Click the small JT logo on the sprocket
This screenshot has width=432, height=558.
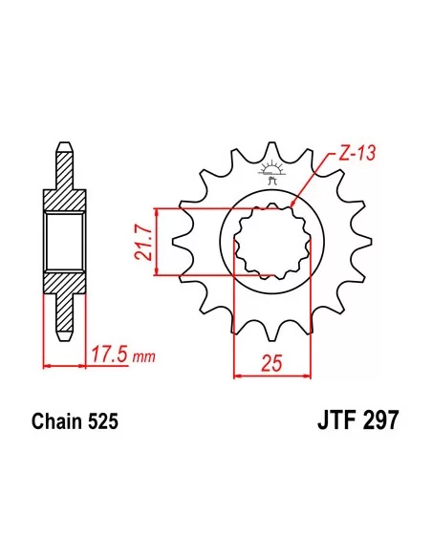click(x=271, y=174)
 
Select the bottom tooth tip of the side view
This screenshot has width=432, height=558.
click(x=64, y=333)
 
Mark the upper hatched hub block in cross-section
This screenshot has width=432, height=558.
click(x=64, y=197)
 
